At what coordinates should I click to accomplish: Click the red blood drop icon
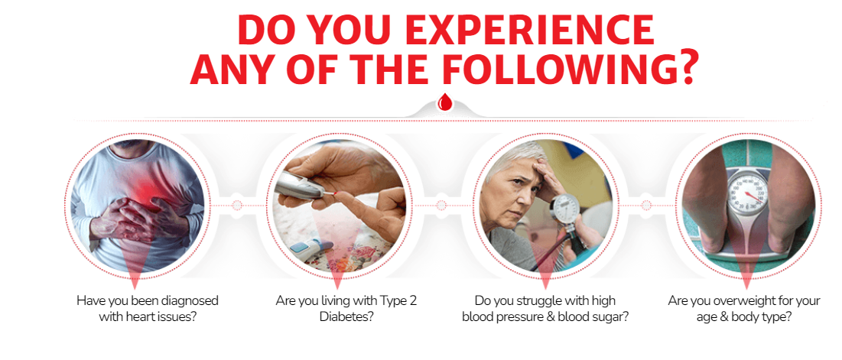[x=444, y=101]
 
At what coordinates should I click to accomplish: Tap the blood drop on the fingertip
[x=335, y=192]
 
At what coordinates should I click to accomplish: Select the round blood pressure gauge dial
[x=566, y=208]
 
